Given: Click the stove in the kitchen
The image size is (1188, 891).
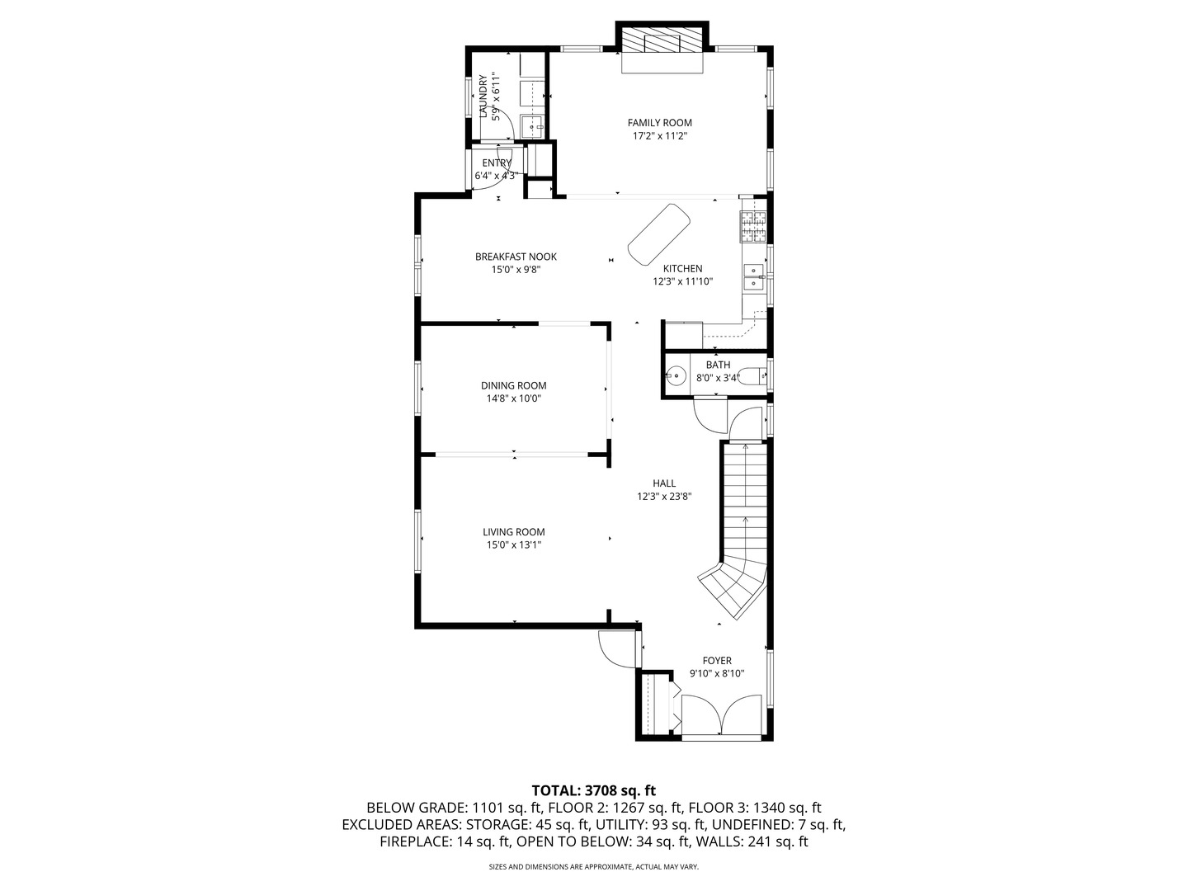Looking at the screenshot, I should pos(752,228).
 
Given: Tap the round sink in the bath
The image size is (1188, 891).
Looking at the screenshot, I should pos(676,376).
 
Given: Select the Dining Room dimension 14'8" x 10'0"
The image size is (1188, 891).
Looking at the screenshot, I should pos(513,398).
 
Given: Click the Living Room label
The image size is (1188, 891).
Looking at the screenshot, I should pos(513,532).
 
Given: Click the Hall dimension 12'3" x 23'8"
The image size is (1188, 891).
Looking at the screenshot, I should pos(663,497).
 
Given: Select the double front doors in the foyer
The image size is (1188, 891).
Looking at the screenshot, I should pos(721,714).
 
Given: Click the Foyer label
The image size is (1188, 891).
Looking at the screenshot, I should pos(716,660).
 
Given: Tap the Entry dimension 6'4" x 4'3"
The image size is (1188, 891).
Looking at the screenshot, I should pos(495,176).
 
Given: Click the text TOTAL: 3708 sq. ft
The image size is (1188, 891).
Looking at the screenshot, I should pos(593,790).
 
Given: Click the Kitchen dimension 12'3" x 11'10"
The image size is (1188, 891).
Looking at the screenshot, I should pos(682,281).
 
